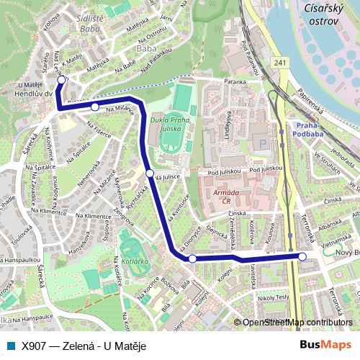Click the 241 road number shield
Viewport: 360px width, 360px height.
tap(279, 63)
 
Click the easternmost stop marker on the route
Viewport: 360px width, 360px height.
tap(302, 256)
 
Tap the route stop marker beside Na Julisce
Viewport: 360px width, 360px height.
tap(150, 174)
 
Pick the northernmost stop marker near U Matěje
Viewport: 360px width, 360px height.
tap(62, 80)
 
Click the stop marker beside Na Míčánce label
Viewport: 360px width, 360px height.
tap(95, 107)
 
